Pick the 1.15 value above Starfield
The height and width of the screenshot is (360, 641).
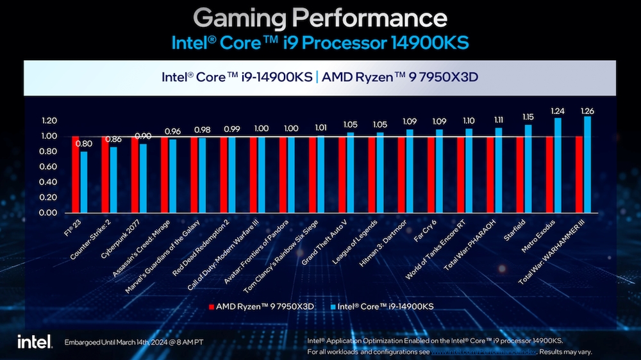(x=528, y=117)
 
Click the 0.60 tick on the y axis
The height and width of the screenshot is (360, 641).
(x=49, y=167)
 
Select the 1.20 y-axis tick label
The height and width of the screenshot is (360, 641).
(x=49, y=120)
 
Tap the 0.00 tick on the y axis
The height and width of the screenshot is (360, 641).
(x=49, y=213)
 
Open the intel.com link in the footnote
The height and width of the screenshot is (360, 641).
(x=482, y=352)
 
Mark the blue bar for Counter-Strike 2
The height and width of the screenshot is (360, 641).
(x=113, y=180)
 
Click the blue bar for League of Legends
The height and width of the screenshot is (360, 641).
(x=379, y=173)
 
